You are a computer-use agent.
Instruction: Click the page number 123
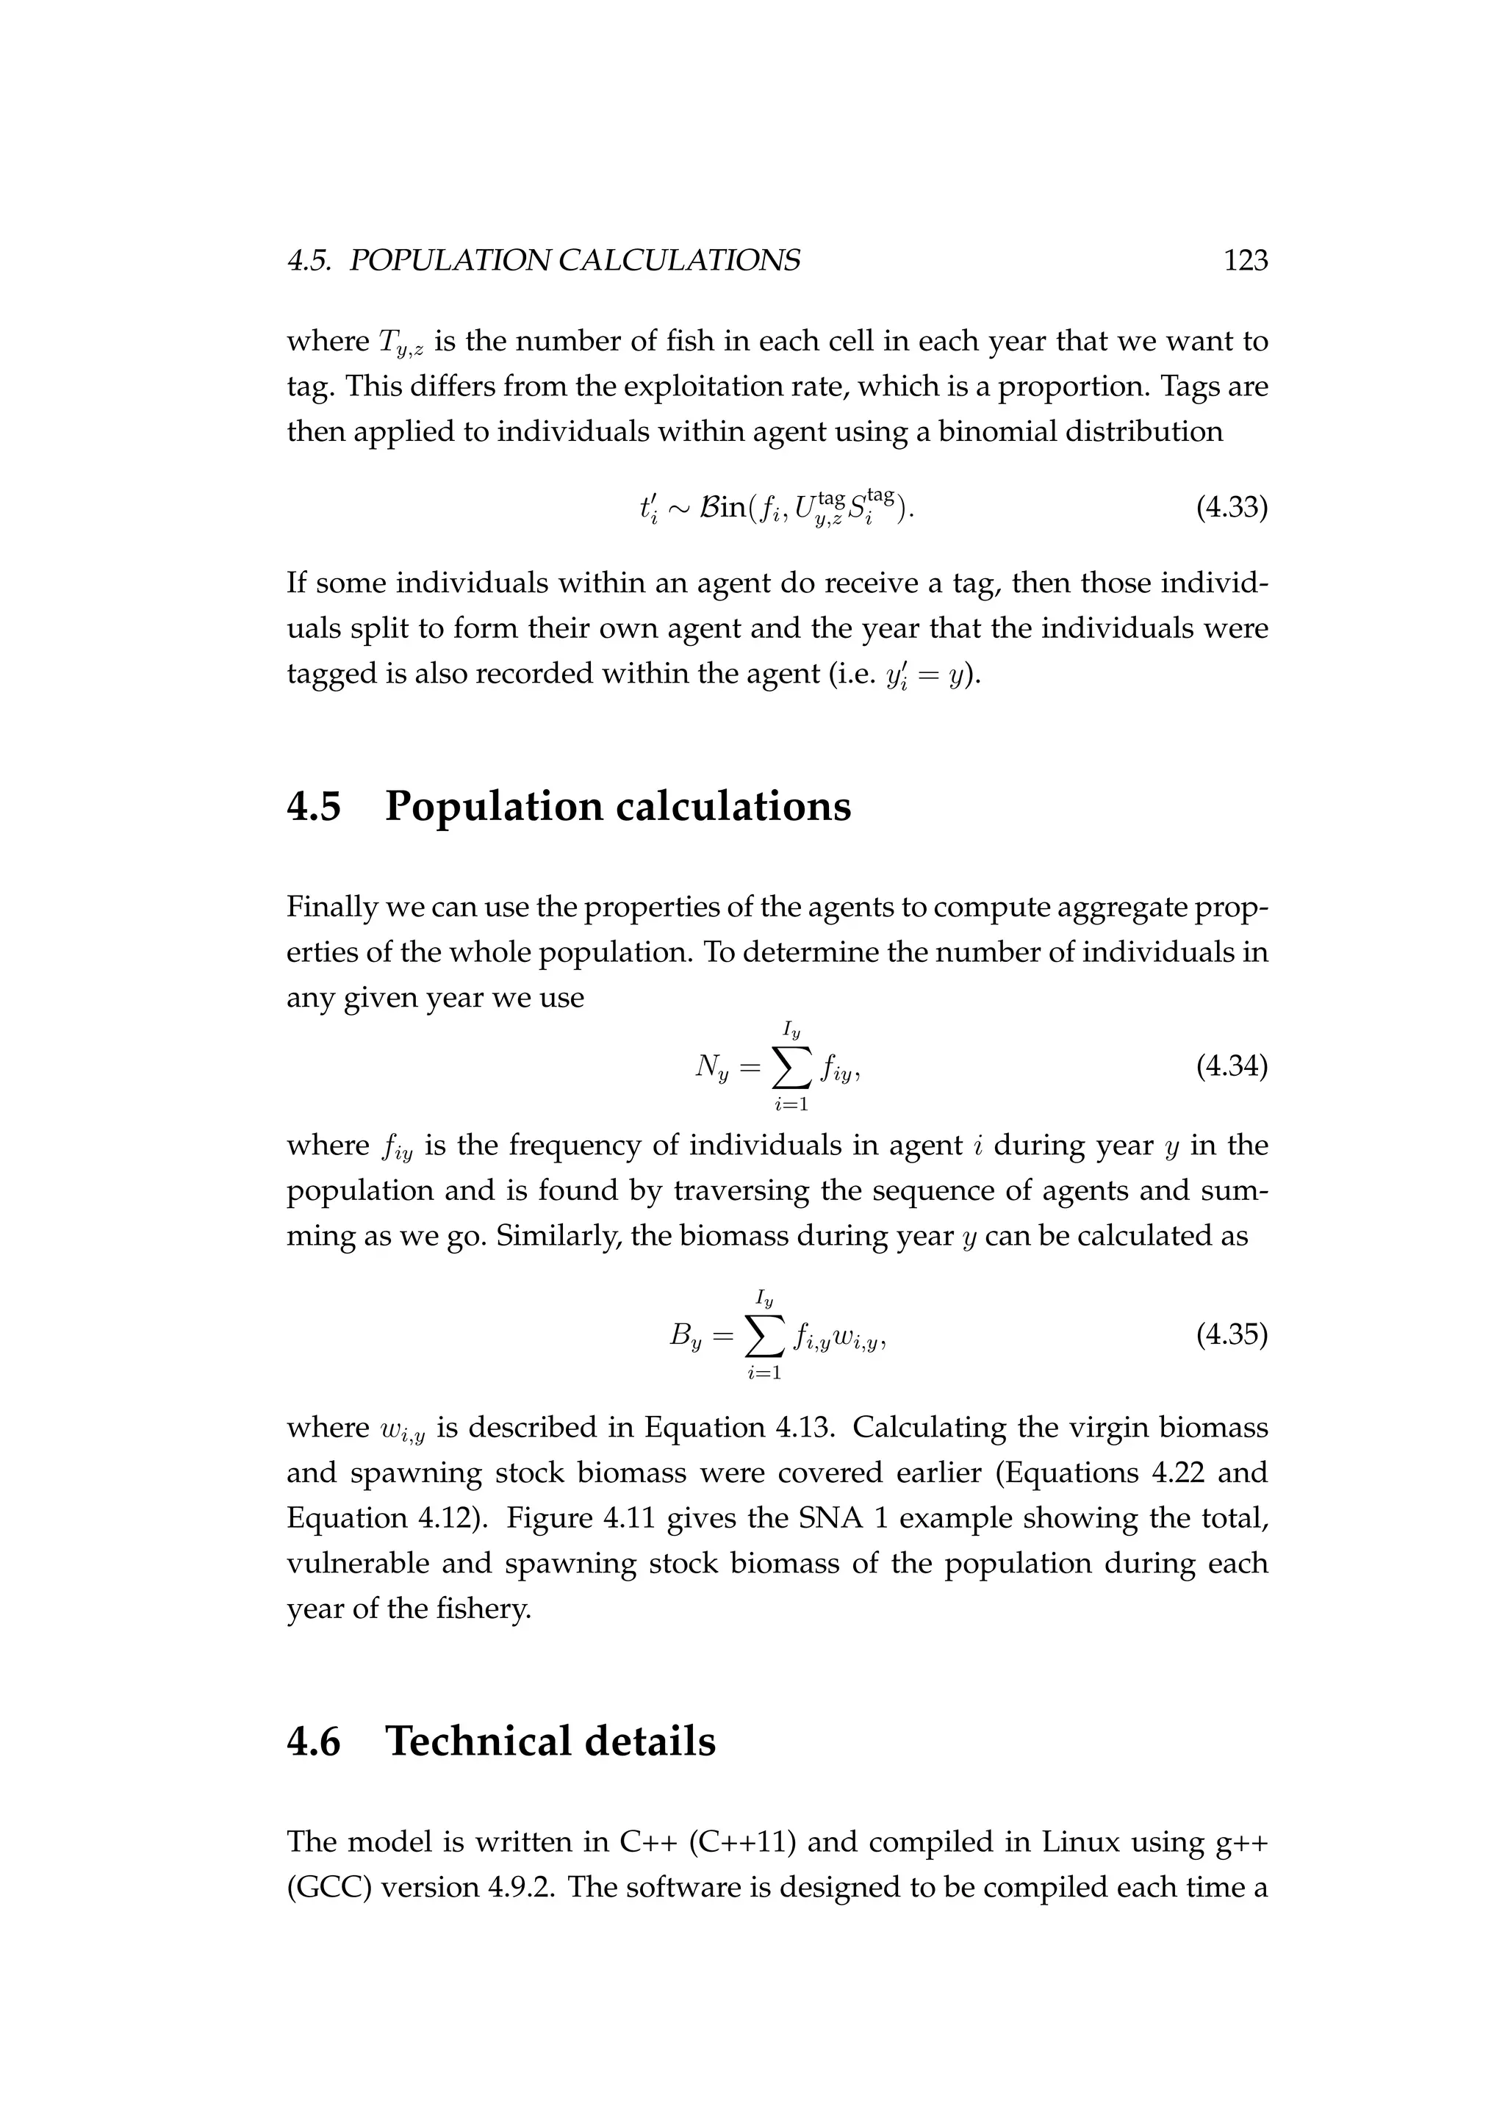coord(1245,262)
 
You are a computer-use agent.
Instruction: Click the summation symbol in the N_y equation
coord(789,1068)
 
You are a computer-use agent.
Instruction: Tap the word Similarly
coord(558,1237)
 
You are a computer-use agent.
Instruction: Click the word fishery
coord(484,1609)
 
